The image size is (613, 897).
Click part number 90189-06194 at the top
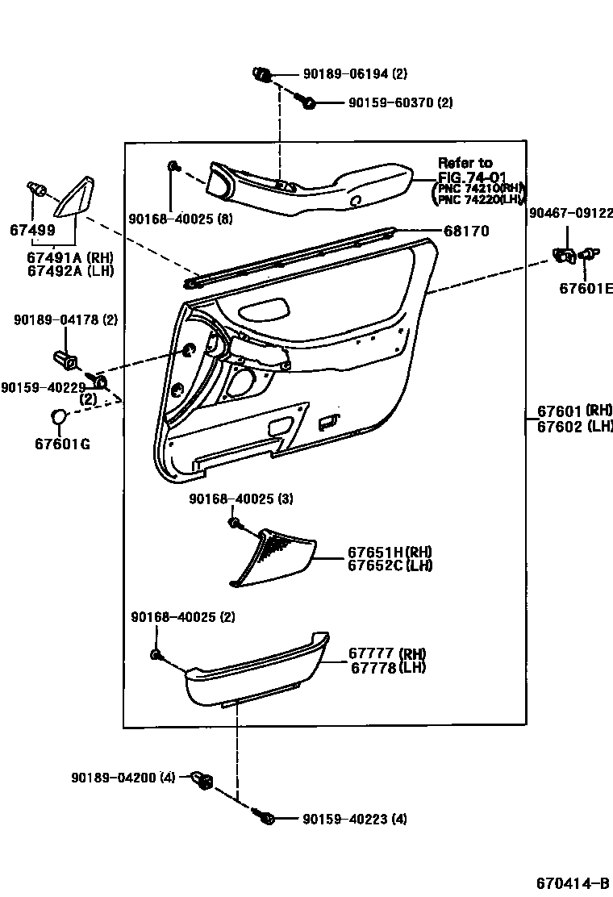pyautogui.click(x=348, y=74)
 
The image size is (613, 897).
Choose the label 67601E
pyautogui.click(x=586, y=289)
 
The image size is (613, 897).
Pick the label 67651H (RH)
pyautogui.click(x=390, y=553)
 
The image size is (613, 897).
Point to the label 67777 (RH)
pyautogui.click(x=387, y=653)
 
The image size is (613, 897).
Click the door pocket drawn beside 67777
pyautogui.click(x=256, y=668)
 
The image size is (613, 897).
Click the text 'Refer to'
pyautogui.click(x=465, y=163)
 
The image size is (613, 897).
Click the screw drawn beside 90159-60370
pyautogui.click(x=306, y=102)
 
